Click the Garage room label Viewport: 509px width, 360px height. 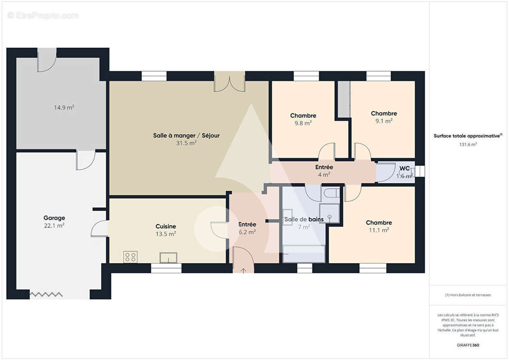54,218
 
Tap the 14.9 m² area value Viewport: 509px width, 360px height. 64,108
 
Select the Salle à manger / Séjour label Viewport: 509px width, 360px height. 186,135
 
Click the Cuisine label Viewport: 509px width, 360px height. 166,226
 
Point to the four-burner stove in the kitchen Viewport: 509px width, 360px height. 130,257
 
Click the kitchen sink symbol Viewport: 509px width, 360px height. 168,258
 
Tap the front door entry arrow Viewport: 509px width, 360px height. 243,270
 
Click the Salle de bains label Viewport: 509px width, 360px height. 304,220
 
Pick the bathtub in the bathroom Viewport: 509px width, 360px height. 304,254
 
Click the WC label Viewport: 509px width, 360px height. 404,168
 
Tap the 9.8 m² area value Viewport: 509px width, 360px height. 303,123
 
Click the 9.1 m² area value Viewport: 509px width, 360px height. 384,121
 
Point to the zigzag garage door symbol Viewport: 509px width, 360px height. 46,294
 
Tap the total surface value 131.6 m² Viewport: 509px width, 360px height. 468,144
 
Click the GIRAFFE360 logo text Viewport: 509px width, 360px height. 468,345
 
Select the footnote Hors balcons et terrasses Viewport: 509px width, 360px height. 468,295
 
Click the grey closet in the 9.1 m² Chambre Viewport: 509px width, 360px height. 344,99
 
